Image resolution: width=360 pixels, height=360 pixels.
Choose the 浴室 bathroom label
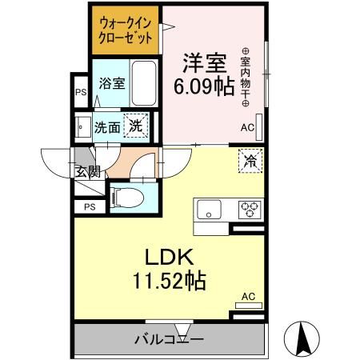point(111,83)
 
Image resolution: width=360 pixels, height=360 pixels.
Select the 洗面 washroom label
point(107,127)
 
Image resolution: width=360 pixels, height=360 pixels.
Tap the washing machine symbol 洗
point(138,126)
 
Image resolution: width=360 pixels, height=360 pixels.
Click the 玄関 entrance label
point(88,170)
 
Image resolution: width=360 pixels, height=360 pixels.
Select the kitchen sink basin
point(210,210)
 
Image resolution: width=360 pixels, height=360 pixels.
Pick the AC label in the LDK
point(247,296)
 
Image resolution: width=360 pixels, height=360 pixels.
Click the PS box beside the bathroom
point(81,93)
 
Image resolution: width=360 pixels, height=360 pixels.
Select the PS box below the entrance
point(88,206)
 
